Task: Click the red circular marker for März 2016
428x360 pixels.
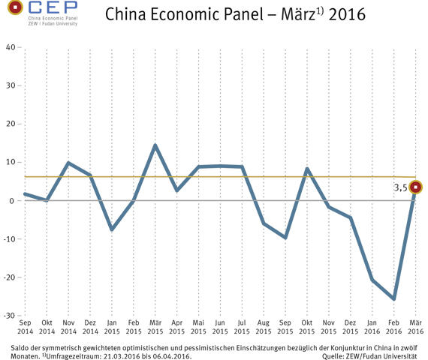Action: (415, 187)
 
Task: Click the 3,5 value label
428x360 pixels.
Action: (400, 189)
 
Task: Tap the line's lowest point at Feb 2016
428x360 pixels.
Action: (393, 298)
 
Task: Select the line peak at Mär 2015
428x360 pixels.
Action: (155, 145)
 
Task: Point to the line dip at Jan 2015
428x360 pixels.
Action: (111, 229)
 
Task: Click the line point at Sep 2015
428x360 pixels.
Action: (285, 237)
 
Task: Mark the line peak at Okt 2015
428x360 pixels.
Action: (307, 169)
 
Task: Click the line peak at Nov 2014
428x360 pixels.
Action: (68, 163)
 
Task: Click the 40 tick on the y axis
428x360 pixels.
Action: (11, 47)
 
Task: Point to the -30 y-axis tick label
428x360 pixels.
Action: (9, 316)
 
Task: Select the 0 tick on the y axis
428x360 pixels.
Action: (13, 201)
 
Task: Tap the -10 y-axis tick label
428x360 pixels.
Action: (9, 239)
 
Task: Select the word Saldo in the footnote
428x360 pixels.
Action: (22, 348)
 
